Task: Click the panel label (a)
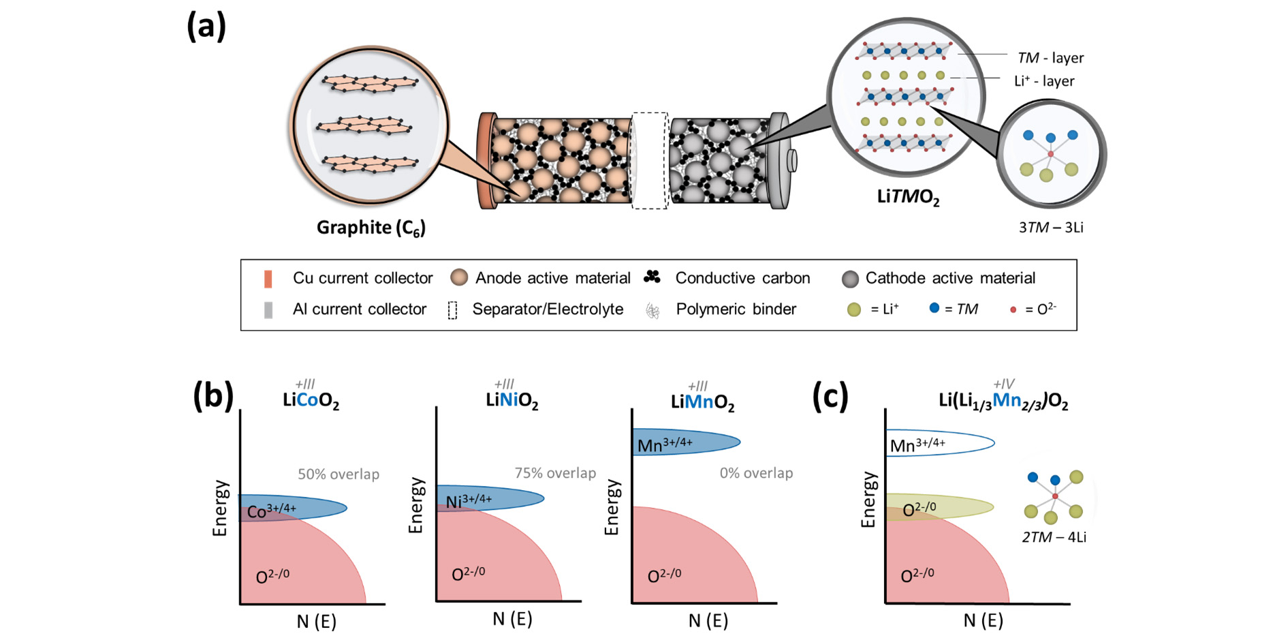(206, 27)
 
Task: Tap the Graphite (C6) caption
(371, 228)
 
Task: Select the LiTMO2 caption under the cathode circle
(908, 197)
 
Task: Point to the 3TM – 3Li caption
(1050, 228)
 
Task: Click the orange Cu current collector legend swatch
(268, 279)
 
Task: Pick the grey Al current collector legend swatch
(268, 310)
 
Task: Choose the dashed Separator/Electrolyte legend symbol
(452, 310)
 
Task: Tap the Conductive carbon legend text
(742, 278)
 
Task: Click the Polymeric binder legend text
(736, 309)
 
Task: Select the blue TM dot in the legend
(934, 308)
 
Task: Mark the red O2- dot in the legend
(1013, 310)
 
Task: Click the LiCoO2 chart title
(311, 400)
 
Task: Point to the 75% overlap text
(555, 473)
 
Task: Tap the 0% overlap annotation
(756, 473)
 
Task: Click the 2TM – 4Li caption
(1054, 537)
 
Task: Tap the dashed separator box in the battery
(649, 161)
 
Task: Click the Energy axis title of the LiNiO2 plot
(415, 505)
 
